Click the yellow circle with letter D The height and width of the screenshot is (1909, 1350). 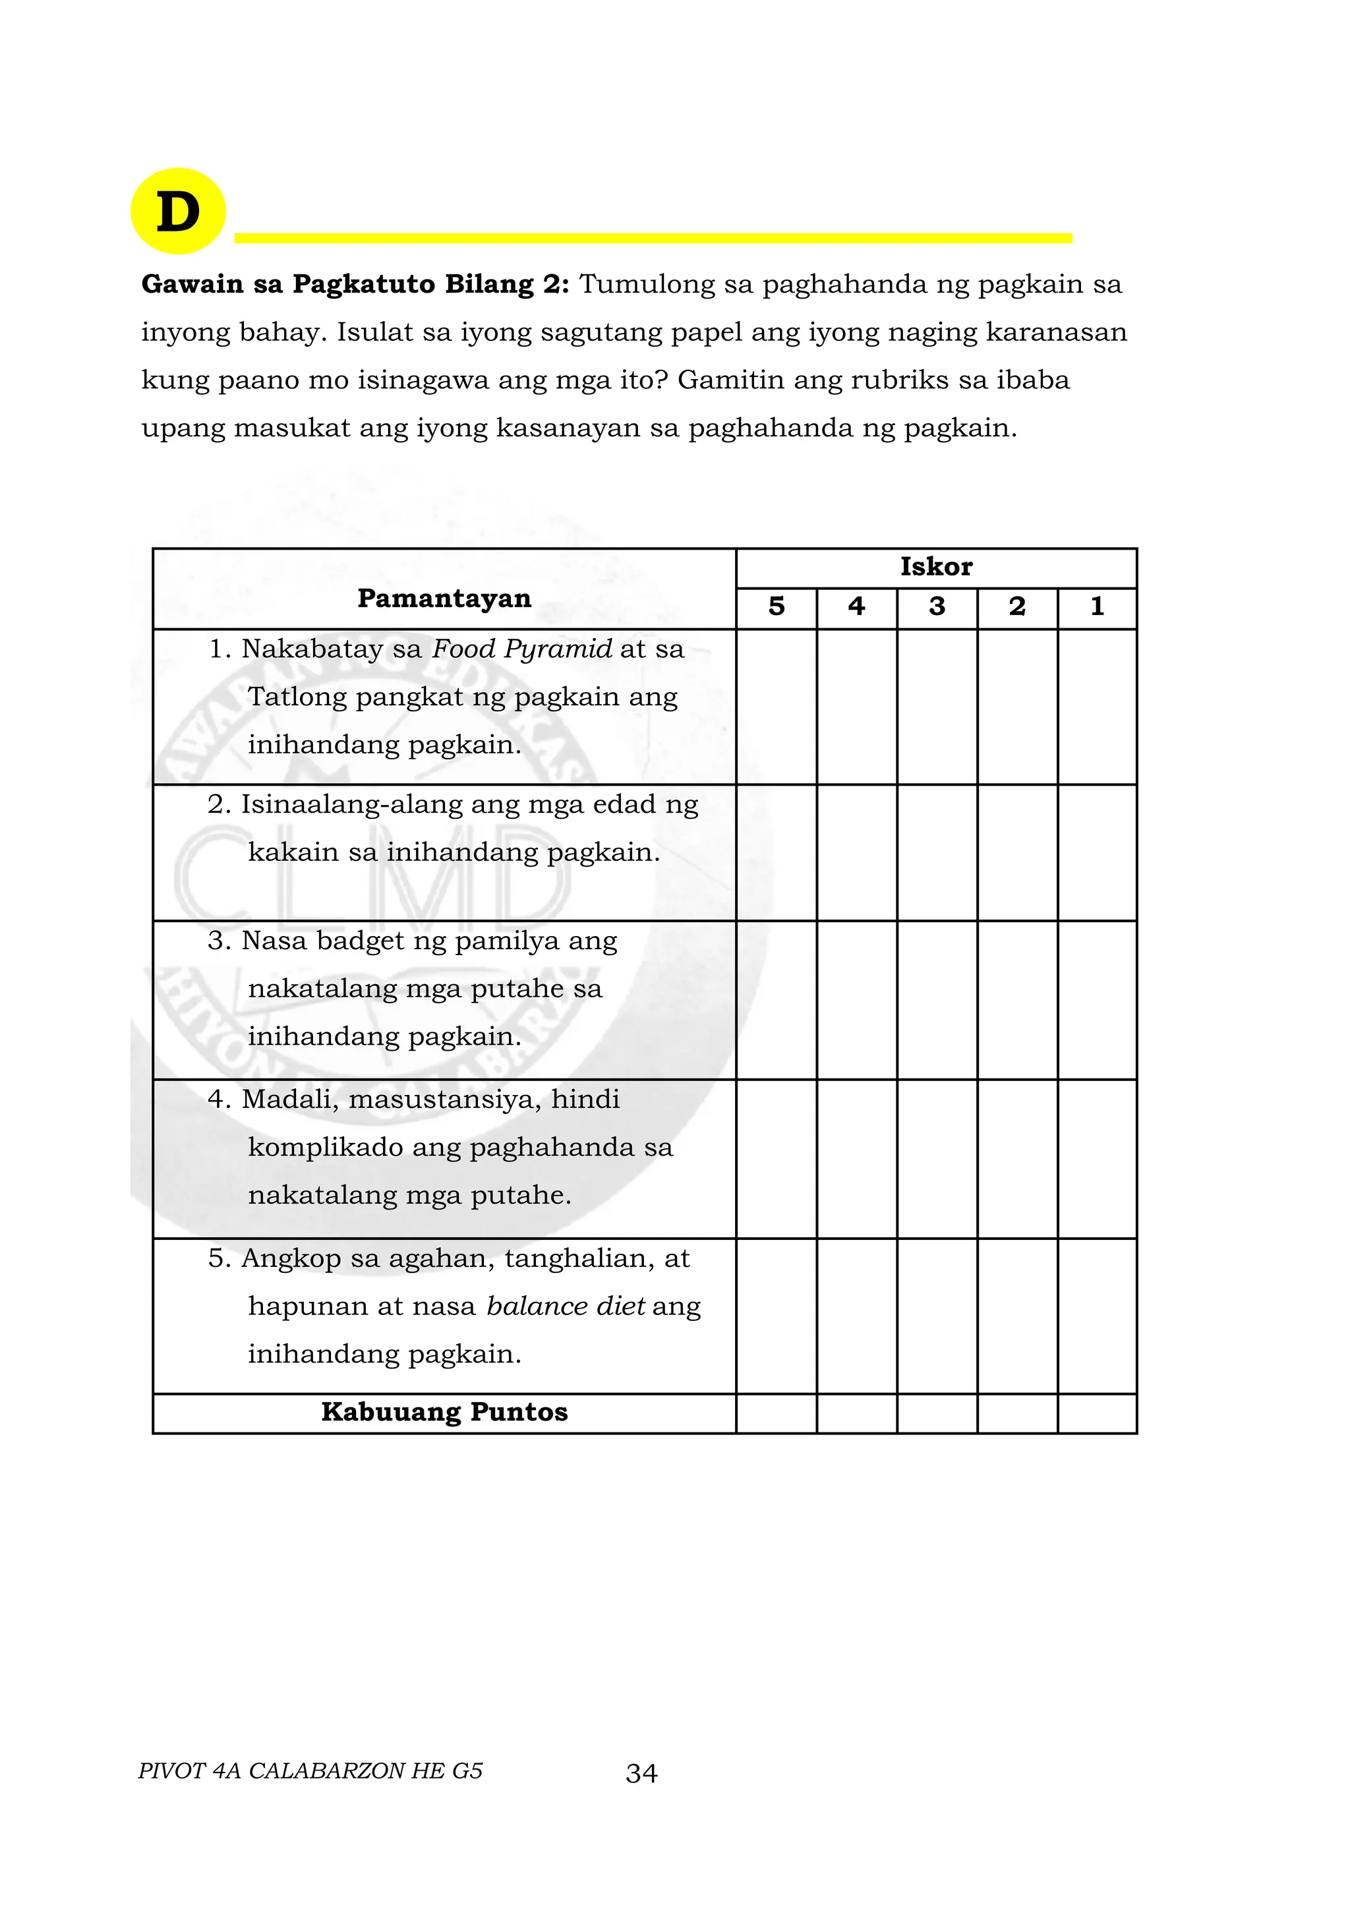(178, 211)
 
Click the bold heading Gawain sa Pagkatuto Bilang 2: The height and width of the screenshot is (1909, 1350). (355, 284)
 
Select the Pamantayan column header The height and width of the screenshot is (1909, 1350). (444, 598)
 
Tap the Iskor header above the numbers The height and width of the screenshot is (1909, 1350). (936, 567)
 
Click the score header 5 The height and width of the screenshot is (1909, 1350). (777, 607)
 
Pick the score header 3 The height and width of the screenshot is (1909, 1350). (937, 607)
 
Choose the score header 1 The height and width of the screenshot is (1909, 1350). (1098, 607)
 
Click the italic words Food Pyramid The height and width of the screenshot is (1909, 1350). (521, 649)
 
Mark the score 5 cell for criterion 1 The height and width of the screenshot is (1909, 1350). (777, 706)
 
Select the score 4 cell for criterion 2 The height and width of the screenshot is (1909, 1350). (856, 852)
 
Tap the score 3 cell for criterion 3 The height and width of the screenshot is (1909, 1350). (937, 999)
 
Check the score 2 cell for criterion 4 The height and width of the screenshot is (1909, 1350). (1018, 1158)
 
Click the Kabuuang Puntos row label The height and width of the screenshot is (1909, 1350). (444, 1413)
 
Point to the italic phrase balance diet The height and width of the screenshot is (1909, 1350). (566, 1307)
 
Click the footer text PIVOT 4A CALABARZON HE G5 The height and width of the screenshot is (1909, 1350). (310, 1771)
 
